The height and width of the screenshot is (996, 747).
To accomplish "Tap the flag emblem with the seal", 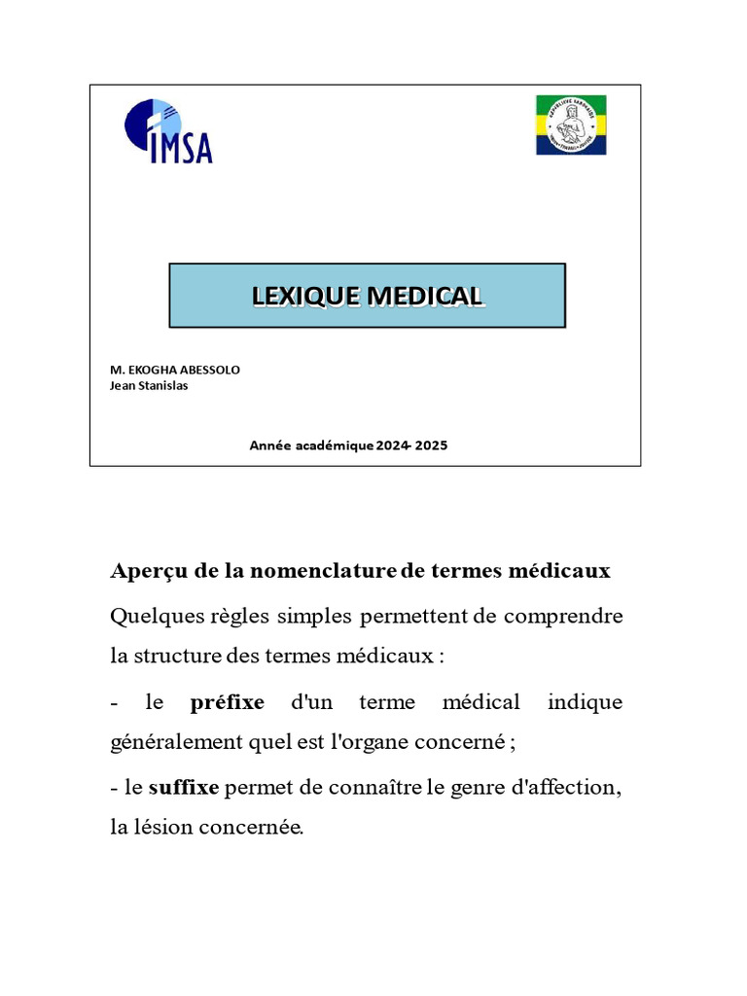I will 571,125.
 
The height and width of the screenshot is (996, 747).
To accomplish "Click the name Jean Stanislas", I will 150,385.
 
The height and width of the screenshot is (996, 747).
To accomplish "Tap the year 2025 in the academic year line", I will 432,445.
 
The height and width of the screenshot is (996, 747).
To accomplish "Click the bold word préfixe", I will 228,702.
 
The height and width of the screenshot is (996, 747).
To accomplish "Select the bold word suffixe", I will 184,788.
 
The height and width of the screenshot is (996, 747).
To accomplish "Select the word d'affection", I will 565,788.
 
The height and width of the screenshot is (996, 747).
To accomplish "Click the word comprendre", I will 565,616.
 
